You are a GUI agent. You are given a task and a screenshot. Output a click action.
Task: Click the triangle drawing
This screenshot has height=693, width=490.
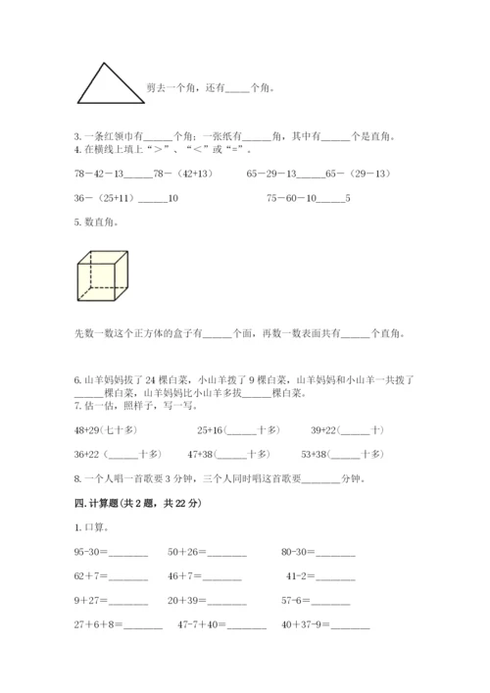pyautogui.click(x=107, y=83)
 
